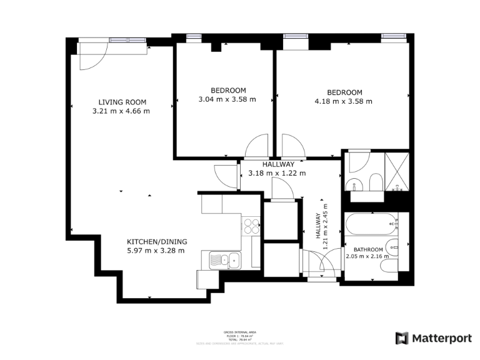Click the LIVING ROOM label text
(x=122, y=102)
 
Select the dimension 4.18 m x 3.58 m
(x=343, y=101)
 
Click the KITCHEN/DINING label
(x=157, y=242)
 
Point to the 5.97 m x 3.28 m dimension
(x=156, y=251)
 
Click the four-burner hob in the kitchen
(x=251, y=225)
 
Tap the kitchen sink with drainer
(x=222, y=259)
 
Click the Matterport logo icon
(x=402, y=338)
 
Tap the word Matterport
(x=442, y=338)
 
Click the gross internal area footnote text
(x=239, y=337)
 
